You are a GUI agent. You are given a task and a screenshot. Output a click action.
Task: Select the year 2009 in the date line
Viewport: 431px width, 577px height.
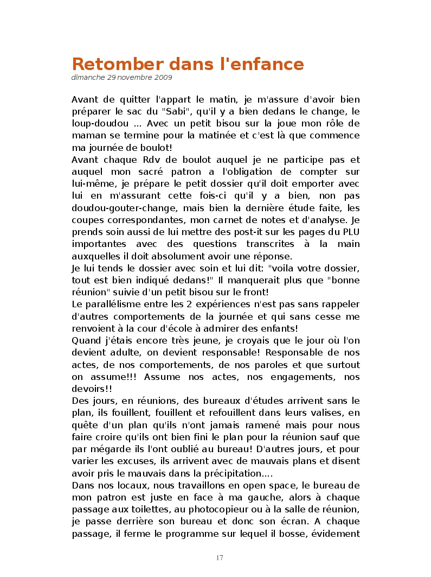pyautogui.click(x=164, y=78)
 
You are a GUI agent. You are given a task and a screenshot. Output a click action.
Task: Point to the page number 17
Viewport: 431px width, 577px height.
pyautogui.click(x=220, y=558)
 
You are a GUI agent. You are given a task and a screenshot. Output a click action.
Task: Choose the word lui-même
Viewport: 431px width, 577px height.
pyautogui.click(x=91, y=184)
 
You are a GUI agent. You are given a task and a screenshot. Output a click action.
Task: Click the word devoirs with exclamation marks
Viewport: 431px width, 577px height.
pyautogui.click(x=92, y=389)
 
